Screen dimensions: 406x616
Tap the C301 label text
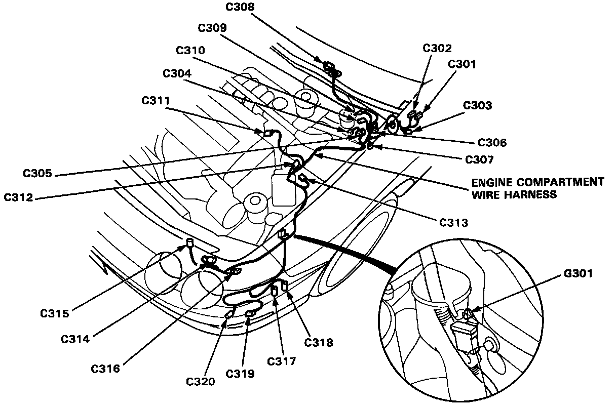click(462, 64)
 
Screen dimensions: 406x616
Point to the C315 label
click(55, 313)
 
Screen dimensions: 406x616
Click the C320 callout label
click(201, 381)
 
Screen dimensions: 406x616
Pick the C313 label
click(454, 222)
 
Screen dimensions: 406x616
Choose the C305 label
click(37, 173)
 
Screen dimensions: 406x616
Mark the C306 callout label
click(492, 143)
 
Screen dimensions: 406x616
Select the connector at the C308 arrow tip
click(330, 67)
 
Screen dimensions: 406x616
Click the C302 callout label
click(437, 48)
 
